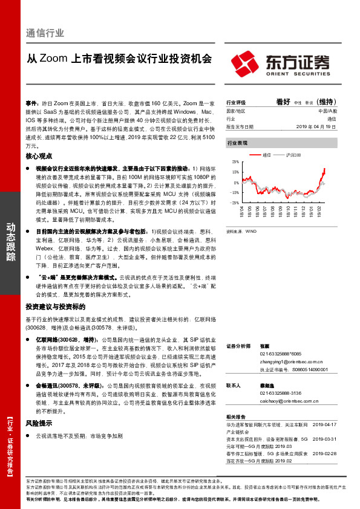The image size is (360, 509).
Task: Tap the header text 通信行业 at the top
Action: click(x=45, y=33)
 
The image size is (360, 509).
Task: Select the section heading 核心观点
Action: click(x=39, y=156)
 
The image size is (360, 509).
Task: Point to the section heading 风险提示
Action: click(x=39, y=423)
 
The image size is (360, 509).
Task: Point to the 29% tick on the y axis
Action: click(x=235, y=163)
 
